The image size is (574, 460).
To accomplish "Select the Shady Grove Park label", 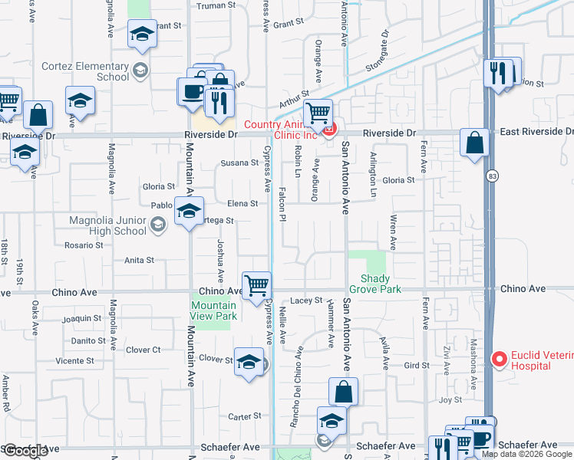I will pyautogui.click(x=375, y=284).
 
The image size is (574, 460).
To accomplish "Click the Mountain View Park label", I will pyautogui.click(x=213, y=310).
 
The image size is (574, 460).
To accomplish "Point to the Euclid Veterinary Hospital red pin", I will pyautogui.click(x=499, y=358).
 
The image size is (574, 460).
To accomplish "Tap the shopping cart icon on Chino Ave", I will pyautogui.click(x=256, y=284).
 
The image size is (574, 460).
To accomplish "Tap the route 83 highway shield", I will pyautogui.click(x=490, y=176).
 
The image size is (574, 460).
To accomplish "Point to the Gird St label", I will pyautogui.click(x=417, y=365).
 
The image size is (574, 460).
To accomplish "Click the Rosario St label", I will pyautogui.click(x=84, y=245).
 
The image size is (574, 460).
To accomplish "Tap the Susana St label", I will pyautogui.click(x=239, y=163).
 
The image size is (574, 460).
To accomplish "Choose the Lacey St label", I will pyautogui.click(x=305, y=301).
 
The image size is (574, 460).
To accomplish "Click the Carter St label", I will pyautogui.click(x=245, y=416).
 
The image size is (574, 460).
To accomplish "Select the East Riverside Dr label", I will pyautogui.click(x=536, y=132).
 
